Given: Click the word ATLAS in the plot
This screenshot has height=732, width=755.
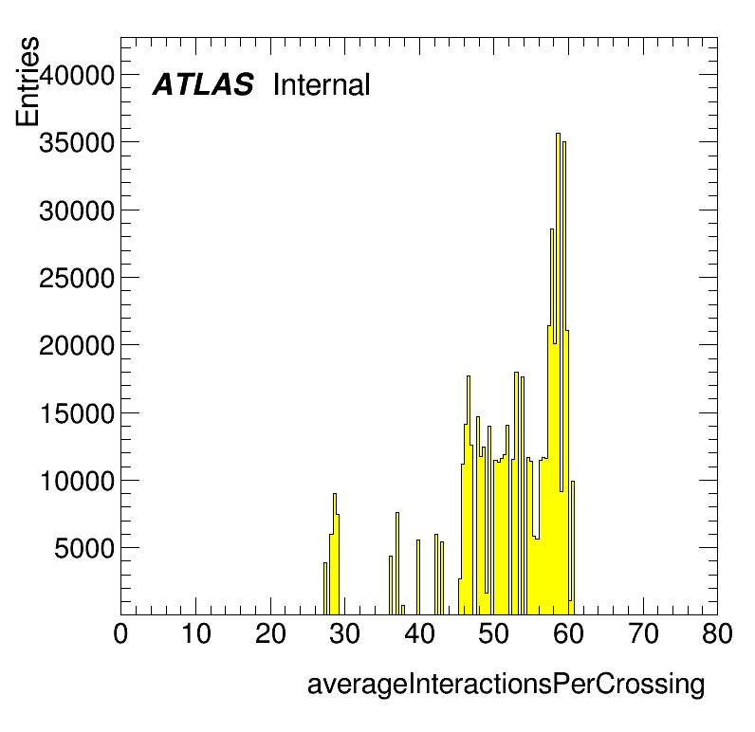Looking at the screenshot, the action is point(203,84).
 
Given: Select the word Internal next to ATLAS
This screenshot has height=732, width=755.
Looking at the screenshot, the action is point(322,84).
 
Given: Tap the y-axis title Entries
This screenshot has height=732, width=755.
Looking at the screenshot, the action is point(28,82).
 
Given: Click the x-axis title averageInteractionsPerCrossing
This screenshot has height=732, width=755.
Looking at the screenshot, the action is point(506,685).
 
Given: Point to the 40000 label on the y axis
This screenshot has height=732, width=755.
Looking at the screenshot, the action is point(77,75).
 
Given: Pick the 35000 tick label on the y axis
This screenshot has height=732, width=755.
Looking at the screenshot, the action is point(77,142).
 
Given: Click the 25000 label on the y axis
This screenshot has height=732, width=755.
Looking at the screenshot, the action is point(77,278).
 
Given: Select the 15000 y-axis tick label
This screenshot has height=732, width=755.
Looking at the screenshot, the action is point(77,413).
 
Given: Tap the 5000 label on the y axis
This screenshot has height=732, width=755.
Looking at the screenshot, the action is point(84,549).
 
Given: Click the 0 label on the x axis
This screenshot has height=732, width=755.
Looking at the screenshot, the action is point(120,633).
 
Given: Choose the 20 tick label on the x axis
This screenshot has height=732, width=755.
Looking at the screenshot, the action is point(270,633).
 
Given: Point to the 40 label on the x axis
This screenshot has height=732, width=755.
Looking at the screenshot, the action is point(419,633).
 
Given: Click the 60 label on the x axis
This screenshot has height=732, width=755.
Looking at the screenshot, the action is point(568,633).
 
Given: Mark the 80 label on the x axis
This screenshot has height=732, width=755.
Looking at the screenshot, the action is point(717,633).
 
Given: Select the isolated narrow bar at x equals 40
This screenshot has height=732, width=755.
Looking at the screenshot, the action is point(418,577).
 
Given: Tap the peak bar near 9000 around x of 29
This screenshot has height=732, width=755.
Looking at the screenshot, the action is point(335,554).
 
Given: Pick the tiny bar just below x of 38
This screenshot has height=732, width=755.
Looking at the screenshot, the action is point(403,610).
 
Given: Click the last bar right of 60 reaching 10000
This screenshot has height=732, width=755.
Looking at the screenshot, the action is point(573,548).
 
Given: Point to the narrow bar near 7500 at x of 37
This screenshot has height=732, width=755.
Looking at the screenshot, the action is point(397,563).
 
